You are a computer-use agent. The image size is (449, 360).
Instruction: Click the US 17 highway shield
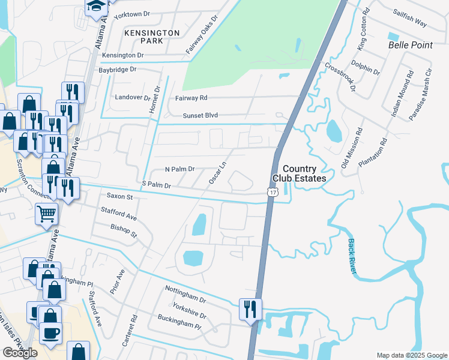tap(273, 192)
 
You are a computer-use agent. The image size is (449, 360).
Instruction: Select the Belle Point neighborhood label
tap(409, 45)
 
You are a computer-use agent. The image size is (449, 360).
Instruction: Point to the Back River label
tap(352, 257)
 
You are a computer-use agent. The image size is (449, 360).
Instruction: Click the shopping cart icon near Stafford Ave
tap(46, 214)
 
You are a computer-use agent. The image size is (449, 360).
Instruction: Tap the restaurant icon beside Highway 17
tap(250, 310)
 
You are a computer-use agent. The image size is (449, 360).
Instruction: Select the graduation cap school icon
tap(95, 7)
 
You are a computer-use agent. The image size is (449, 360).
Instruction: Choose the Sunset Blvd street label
tap(201, 115)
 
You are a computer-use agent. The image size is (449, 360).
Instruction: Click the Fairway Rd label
tap(191, 97)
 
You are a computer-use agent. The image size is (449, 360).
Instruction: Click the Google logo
tap(20, 353)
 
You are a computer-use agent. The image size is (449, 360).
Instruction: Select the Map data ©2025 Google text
tap(411, 355)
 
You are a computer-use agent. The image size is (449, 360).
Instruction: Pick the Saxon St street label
tap(119, 196)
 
